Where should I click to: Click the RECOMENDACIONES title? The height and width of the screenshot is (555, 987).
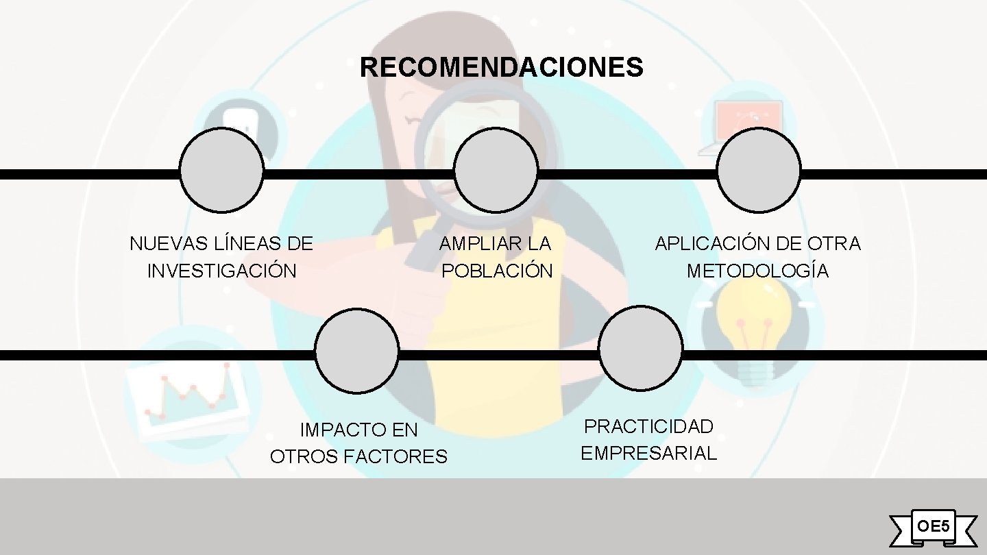pyautogui.click(x=501, y=68)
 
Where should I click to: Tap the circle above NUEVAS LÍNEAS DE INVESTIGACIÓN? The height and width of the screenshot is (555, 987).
pyautogui.click(x=221, y=171)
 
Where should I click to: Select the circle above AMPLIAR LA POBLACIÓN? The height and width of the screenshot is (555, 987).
pyautogui.click(x=496, y=171)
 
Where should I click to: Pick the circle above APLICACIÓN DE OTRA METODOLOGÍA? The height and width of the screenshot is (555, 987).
pyautogui.click(x=758, y=171)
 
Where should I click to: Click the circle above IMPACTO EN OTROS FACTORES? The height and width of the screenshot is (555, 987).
pyautogui.click(x=356, y=351)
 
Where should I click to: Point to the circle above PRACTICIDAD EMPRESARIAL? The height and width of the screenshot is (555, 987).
pyautogui.click(x=640, y=348)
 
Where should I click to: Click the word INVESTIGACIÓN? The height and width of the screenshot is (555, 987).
pyautogui.click(x=222, y=271)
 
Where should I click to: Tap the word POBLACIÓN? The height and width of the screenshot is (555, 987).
pyautogui.click(x=497, y=271)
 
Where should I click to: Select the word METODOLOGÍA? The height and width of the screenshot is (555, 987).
pyautogui.click(x=757, y=271)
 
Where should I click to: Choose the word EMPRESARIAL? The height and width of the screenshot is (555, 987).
pyautogui.click(x=648, y=453)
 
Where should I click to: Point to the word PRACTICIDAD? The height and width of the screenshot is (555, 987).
pyautogui.click(x=648, y=426)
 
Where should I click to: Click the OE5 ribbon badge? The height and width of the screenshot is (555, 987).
pyautogui.click(x=933, y=527)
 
